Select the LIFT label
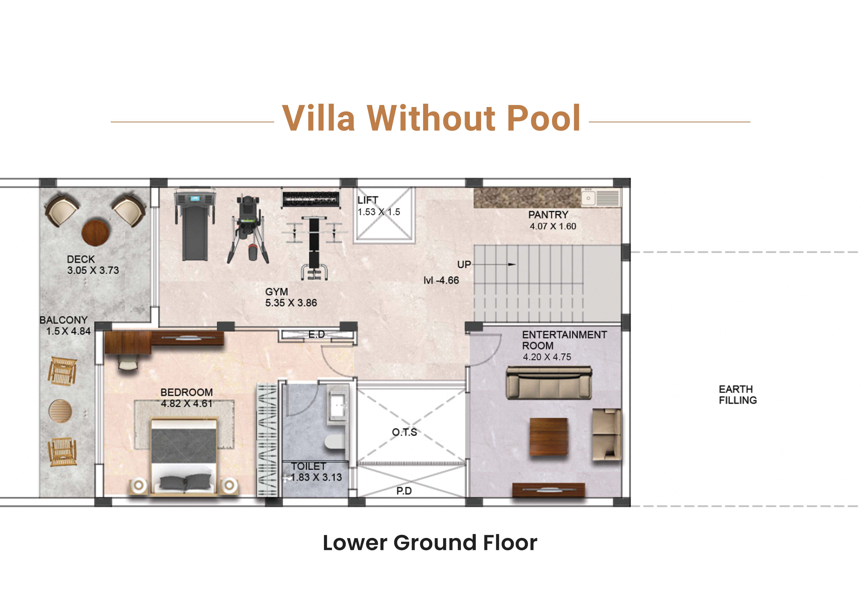tap(368, 200)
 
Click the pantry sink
tap(589, 198)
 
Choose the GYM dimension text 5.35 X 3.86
tap(291, 303)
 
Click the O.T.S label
tap(404, 432)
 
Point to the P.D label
tap(404, 491)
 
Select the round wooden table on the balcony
tap(60, 411)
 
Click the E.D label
tap(317, 334)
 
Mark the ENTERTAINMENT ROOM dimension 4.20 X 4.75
tap(547, 357)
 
